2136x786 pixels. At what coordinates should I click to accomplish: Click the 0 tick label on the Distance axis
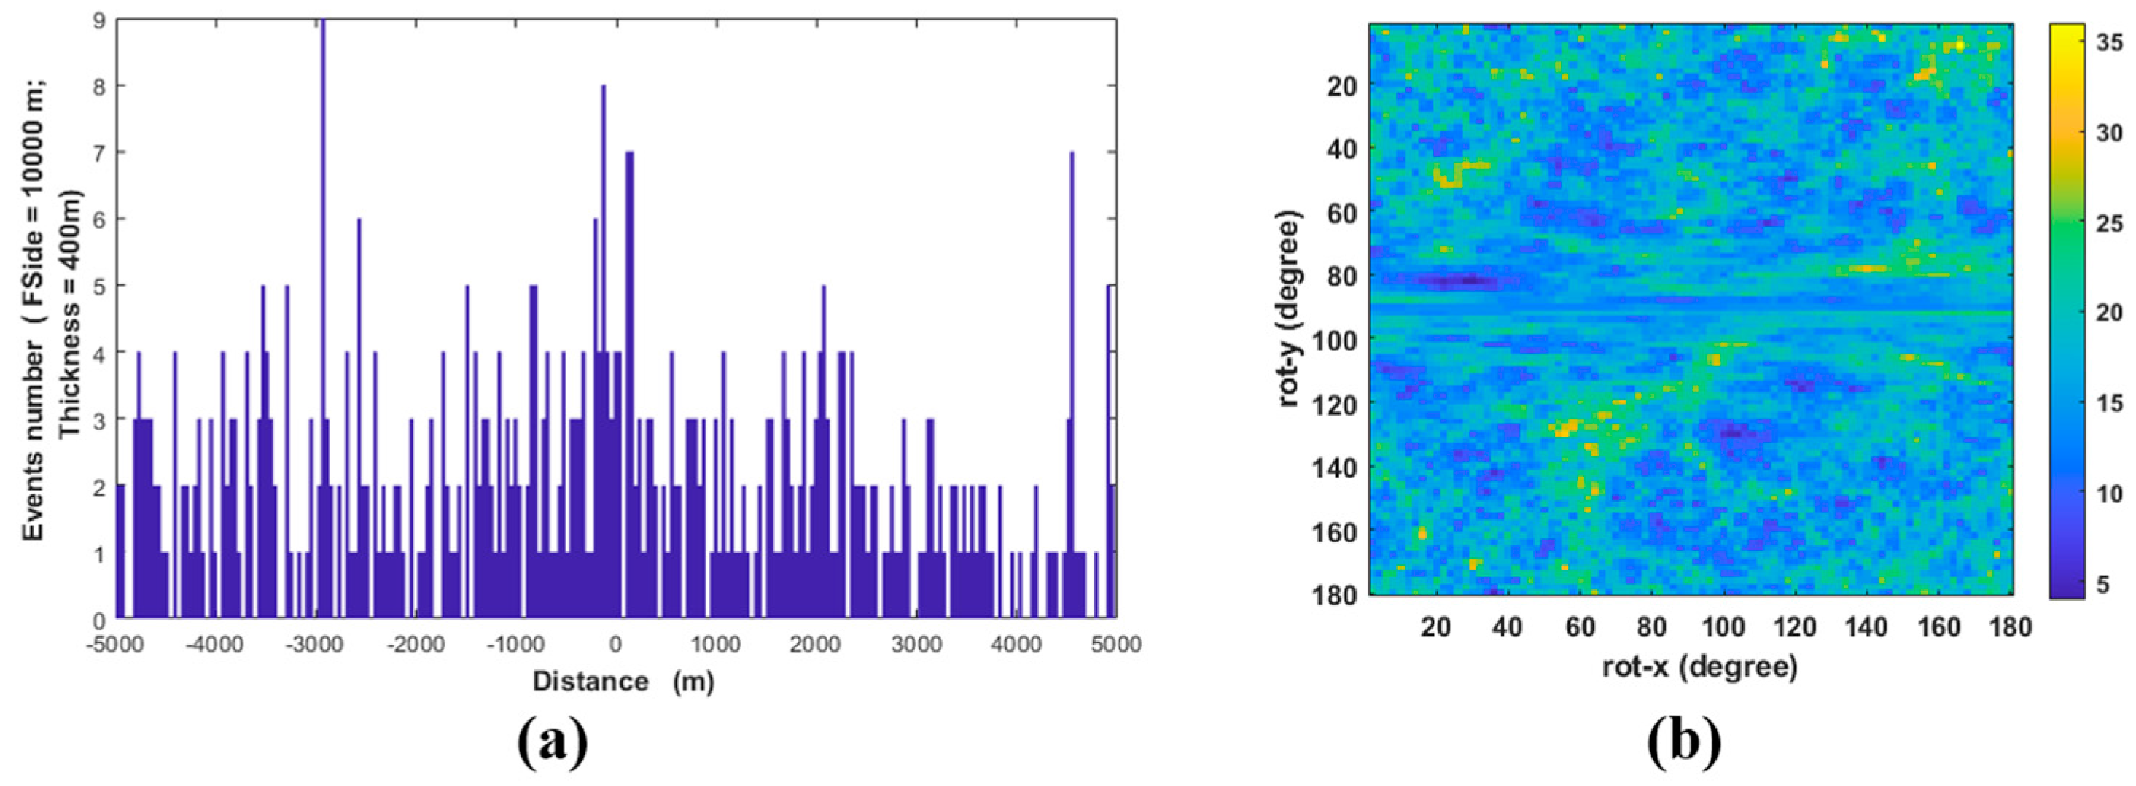coord(615,645)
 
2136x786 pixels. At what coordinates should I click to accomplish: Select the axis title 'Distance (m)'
coord(623,682)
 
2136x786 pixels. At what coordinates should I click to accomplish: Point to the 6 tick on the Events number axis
coord(98,219)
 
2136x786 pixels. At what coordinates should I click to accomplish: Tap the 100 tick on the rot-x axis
coord(1723,628)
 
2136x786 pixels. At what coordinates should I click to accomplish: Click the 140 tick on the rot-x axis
coord(1867,628)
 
